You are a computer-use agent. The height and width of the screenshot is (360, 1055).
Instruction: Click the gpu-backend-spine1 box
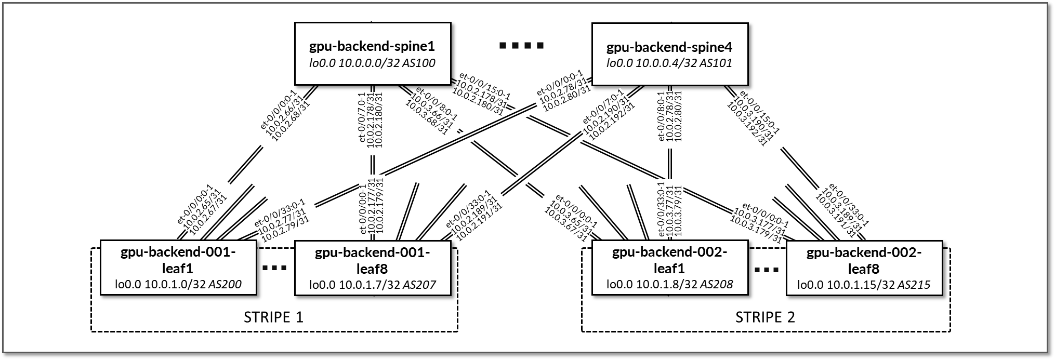pos(372,54)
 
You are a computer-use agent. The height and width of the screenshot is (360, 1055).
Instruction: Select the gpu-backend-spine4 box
pos(669,54)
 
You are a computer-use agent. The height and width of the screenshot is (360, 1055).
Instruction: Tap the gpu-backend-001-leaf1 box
pos(178,268)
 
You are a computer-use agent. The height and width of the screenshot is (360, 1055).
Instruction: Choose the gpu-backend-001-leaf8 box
pos(372,268)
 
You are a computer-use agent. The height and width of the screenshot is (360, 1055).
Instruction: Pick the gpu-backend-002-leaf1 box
pos(669,268)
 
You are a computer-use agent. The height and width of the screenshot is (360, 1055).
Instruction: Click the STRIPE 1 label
pos(273,317)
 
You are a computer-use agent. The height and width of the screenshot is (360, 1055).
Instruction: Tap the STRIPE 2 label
pos(765,317)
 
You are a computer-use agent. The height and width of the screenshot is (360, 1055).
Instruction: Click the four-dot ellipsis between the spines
pos(521,46)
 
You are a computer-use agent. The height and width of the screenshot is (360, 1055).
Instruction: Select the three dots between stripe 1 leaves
pos(275,269)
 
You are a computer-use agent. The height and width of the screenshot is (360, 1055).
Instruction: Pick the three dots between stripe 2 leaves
pos(767,270)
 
